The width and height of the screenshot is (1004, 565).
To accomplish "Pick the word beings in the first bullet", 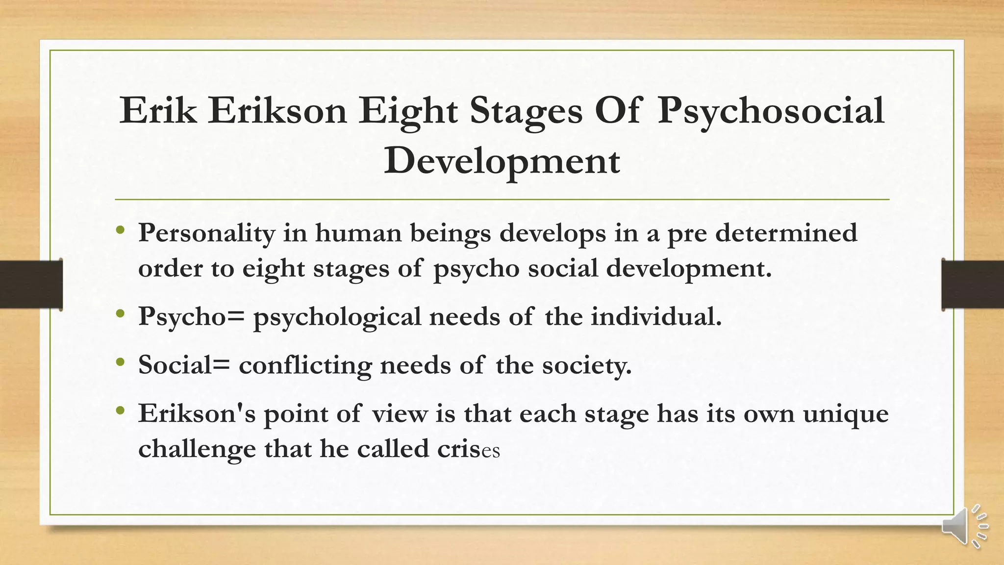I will pyautogui.click(x=450, y=233).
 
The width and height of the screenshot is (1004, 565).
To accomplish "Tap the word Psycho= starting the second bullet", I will pyautogui.click(x=191, y=317).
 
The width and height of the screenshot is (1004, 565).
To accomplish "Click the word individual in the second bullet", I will pyautogui.click(x=656, y=316).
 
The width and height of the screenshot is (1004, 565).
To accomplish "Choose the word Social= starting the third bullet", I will pyautogui.click(x=184, y=365).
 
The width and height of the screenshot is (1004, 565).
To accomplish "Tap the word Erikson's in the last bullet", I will pyautogui.click(x=197, y=413).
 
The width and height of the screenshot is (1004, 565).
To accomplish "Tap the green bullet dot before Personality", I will pyautogui.click(x=121, y=230).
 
